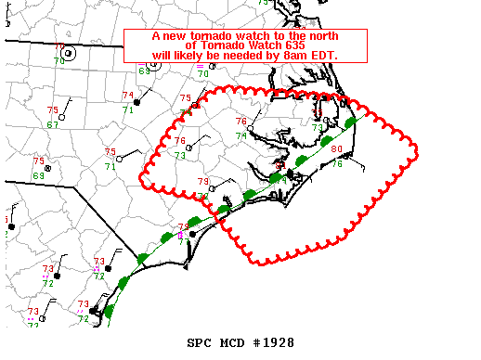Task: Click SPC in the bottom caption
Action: pyautogui.click(x=199, y=342)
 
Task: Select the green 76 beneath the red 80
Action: pyautogui.click(x=339, y=164)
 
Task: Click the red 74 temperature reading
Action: pyautogui.click(x=127, y=96)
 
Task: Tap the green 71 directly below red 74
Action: pyautogui.click(x=128, y=110)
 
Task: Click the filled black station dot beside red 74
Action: pyautogui.click(x=136, y=102)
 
